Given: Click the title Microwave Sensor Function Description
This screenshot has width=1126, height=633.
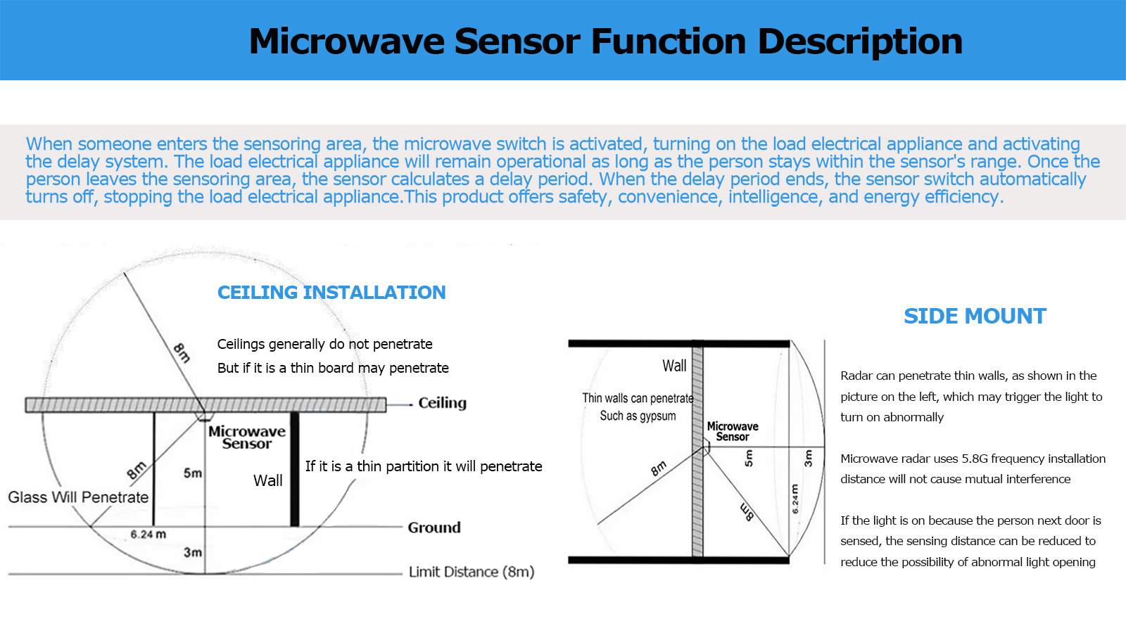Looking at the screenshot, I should (x=605, y=41).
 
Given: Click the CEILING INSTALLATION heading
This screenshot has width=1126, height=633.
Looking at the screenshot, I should (x=331, y=293).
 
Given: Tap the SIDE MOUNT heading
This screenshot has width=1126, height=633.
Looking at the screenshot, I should (x=975, y=316).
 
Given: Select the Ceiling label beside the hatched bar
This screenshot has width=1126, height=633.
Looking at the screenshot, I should (x=442, y=403).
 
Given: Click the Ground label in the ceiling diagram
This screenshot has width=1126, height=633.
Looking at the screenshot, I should (x=434, y=527).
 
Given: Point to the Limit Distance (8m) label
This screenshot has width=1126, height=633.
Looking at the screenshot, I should (x=472, y=572).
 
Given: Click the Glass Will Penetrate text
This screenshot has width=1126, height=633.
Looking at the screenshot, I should (x=78, y=497).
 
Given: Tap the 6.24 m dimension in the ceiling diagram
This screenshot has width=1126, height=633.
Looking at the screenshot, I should (x=148, y=535).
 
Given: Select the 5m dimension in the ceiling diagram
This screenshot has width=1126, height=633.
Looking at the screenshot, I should (x=192, y=473).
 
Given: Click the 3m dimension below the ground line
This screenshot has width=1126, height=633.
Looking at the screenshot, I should (x=192, y=553).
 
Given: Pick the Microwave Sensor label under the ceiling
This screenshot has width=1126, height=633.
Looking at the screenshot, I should (x=247, y=437).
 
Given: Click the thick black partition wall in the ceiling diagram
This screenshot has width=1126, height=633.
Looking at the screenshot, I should (x=295, y=470).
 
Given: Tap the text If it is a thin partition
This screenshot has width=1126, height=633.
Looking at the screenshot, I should (x=424, y=466).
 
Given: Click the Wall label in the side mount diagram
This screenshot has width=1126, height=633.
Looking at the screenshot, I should (x=674, y=366).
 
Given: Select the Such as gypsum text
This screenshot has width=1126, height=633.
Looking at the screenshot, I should (x=638, y=416).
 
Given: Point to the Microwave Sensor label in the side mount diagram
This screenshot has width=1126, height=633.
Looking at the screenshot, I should (x=733, y=431).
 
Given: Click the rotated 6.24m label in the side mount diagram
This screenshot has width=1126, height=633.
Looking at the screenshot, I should (x=795, y=499).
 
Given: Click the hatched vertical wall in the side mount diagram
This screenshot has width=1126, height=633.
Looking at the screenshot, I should (x=697, y=492).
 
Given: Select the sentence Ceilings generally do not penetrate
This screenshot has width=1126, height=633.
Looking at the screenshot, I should (x=324, y=344).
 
